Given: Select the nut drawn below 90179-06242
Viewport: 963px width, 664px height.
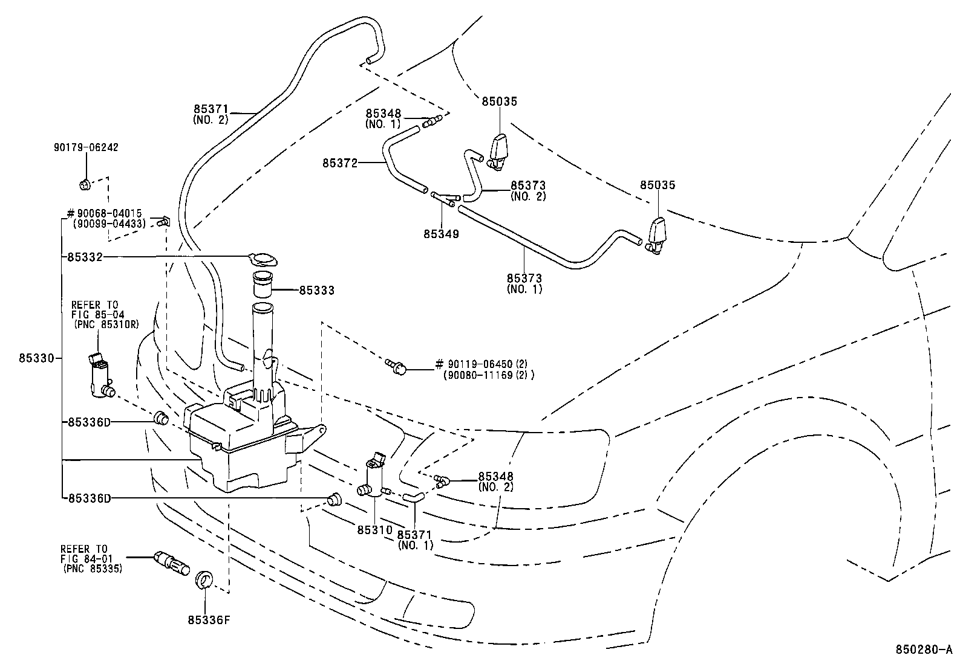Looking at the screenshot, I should tap(85, 184).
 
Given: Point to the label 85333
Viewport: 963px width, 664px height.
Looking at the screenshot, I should tap(316, 291).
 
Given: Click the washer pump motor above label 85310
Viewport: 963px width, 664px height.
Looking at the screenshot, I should tap(375, 478).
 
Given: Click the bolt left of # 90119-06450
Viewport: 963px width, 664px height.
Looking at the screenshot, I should tap(396, 366).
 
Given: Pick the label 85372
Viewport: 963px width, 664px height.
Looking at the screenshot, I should tap(340, 163).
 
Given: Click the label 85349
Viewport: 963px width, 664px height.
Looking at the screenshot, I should tap(441, 234).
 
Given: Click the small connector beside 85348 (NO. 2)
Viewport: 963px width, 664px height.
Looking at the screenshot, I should tap(442, 482).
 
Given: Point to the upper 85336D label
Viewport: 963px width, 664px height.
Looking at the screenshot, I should tap(89, 422).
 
